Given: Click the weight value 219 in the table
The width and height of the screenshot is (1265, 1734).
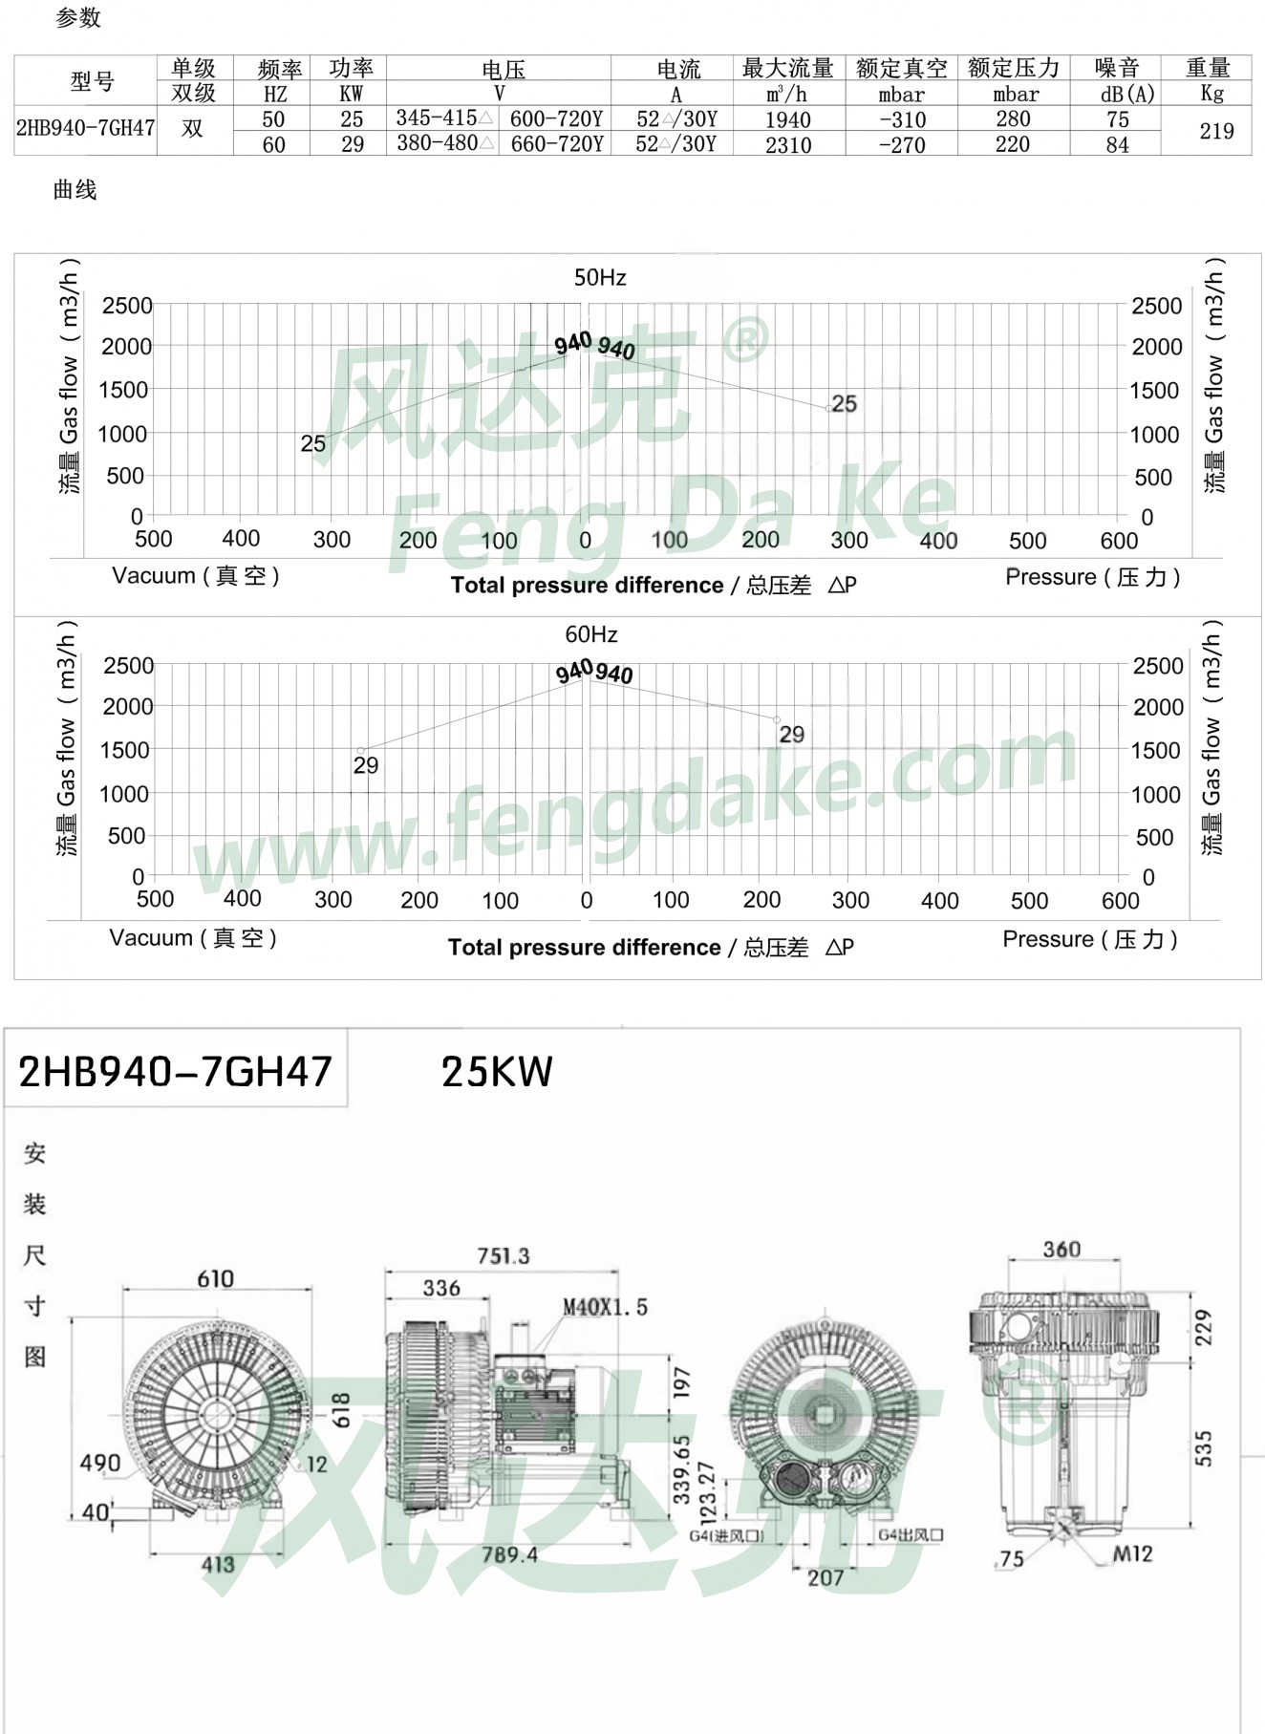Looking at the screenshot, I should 1216,132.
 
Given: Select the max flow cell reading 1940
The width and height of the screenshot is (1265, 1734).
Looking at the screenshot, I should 787,120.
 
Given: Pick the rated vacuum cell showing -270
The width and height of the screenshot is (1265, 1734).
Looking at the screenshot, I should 902,145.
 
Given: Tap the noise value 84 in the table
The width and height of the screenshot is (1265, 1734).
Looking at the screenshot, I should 1117,145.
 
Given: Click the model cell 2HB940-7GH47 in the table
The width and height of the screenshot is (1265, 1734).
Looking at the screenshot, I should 85,128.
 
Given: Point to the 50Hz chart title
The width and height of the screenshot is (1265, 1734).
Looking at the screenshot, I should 600,278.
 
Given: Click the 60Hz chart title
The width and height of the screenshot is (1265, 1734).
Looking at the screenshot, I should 591,635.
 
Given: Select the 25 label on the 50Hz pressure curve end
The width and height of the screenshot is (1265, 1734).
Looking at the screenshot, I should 844,404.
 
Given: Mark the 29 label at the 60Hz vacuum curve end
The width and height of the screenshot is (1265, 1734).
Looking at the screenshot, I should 365,765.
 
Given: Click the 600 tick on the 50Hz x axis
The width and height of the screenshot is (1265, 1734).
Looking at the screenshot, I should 1119,542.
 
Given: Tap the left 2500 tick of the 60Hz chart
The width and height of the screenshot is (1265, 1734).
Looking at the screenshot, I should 128,666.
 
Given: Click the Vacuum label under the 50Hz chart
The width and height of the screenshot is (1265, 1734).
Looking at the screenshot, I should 196,576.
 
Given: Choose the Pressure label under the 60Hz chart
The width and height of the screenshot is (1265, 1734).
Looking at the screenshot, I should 1090,939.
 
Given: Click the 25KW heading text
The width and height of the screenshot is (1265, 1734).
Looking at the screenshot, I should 497,1073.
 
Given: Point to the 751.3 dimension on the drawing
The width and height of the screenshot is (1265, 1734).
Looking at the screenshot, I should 504,1255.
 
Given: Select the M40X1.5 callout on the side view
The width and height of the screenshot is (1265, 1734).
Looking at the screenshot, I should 605,1307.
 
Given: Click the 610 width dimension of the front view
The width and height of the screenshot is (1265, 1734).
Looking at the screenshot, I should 216,1278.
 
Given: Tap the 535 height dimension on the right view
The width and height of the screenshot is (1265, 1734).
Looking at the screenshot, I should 1204,1448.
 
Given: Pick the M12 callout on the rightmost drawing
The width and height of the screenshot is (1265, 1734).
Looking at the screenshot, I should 1132,1554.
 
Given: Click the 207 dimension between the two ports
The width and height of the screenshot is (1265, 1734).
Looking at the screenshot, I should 825,1577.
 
